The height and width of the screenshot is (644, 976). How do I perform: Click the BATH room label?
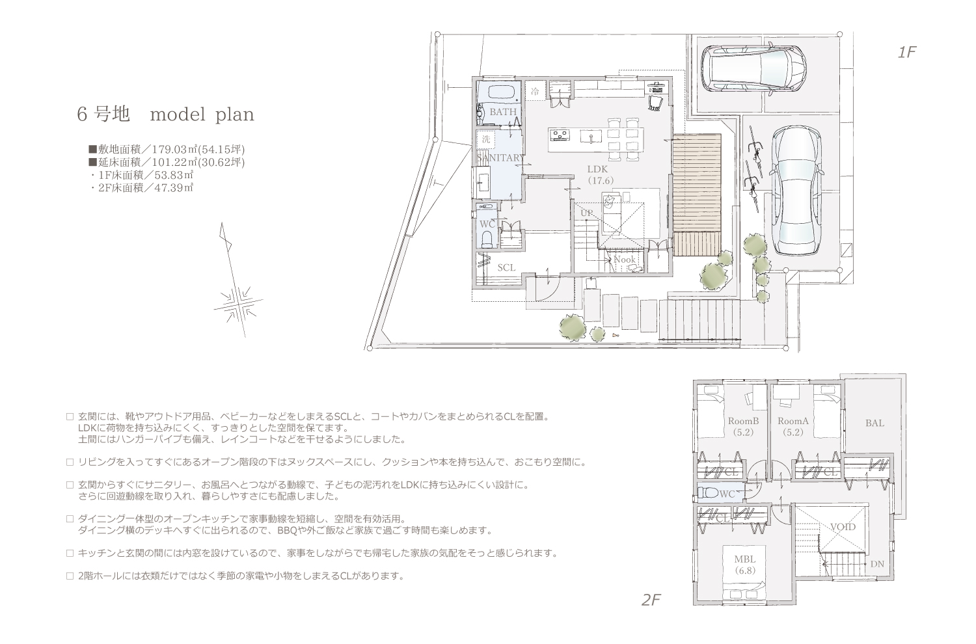point(503,112)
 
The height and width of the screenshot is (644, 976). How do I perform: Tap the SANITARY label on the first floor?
point(500,157)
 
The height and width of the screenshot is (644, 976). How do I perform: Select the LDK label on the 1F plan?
point(597,169)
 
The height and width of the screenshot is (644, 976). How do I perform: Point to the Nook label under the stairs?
point(625,260)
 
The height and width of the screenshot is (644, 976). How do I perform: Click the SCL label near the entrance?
point(506,267)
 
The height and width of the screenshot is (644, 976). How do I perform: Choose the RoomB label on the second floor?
point(743,422)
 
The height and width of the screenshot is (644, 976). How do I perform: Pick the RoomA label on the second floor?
point(793,422)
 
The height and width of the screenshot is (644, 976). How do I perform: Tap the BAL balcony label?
point(874,423)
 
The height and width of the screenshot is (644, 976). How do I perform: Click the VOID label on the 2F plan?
point(843,527)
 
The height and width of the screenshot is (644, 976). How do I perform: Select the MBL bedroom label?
point(744,559)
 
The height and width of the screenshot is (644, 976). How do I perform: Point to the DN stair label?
point(877,564)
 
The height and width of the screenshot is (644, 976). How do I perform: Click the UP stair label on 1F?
point(587,213)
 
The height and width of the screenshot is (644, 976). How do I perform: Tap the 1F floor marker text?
point(907,52)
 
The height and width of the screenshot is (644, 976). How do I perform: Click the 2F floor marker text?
point(651,600)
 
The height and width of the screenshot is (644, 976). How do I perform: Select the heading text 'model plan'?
point(202,114)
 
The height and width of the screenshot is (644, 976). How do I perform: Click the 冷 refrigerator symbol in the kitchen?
point(535,92)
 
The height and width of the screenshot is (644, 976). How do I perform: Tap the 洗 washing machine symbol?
point(486,139)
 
